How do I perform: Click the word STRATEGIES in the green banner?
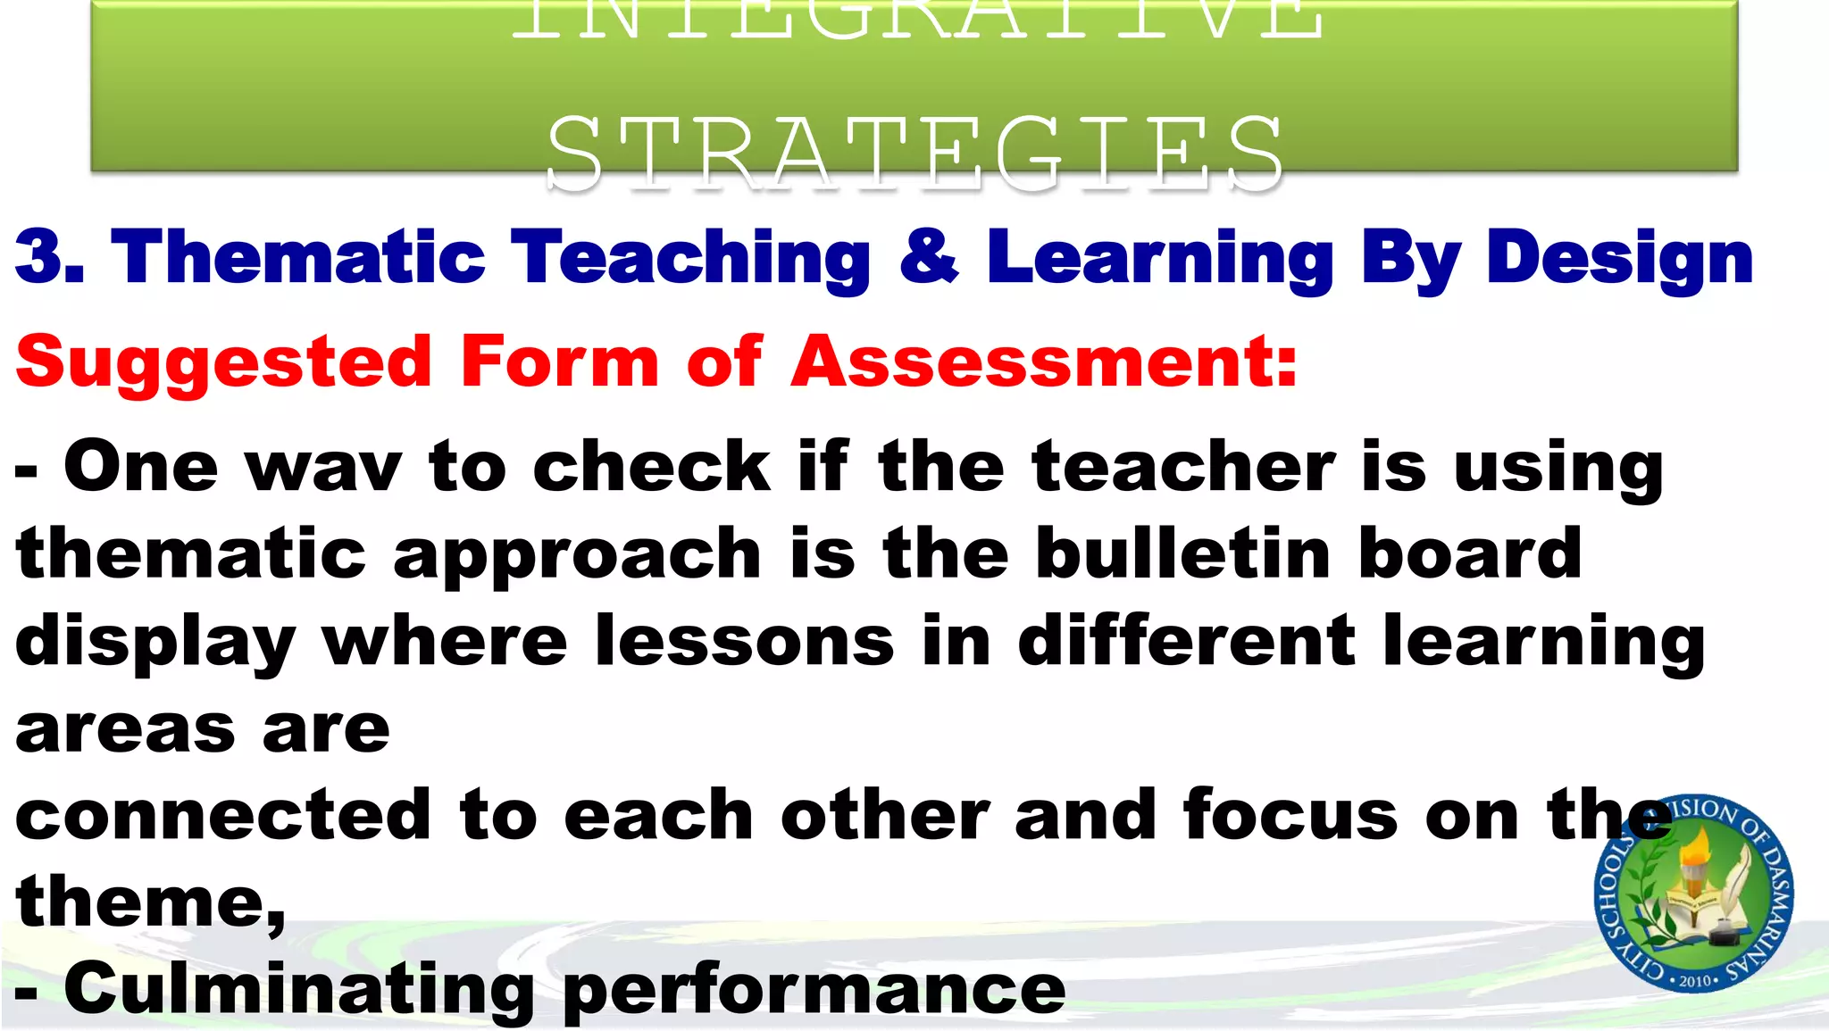coord(914,154)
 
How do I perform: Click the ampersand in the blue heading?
coord(929,257)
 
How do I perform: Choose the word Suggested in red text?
coord(224,362)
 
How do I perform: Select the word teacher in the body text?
coord(1183,467)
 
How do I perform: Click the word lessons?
coord(744,641)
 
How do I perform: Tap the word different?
coord(1186,641)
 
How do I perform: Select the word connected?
coord(223,815)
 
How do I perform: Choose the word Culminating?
coord(298,989)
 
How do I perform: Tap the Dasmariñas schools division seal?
coord(1693,894)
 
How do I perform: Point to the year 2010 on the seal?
coord(1694,980)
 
